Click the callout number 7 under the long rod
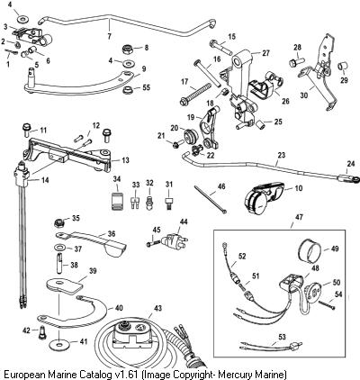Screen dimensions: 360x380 110,36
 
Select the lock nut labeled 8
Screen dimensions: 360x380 129,49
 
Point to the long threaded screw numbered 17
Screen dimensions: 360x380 195,93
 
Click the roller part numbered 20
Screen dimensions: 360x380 190,135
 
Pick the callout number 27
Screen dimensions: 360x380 265,53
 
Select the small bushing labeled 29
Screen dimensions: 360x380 343,66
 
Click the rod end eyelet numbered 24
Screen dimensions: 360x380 354,179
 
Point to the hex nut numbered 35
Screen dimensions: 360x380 59,222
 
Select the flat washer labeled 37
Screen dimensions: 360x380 60,249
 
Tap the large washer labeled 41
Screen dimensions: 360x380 59,343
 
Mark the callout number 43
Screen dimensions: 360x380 157,308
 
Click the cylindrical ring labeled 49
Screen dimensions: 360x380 310,249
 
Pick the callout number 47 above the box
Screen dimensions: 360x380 299,217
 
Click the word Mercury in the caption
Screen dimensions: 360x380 235,375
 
